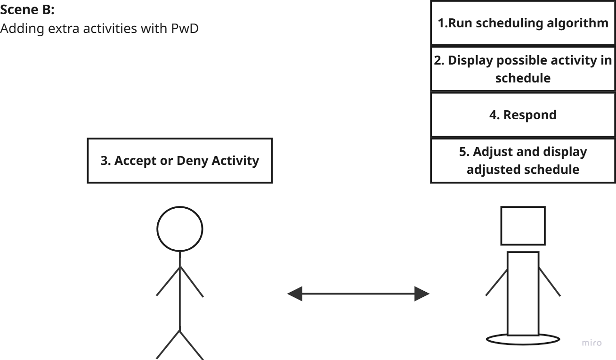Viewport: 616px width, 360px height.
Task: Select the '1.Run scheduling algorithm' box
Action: point(523,24)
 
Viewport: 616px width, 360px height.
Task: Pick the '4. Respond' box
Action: point(523,115)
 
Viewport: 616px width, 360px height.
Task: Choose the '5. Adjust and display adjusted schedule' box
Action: point(523,161)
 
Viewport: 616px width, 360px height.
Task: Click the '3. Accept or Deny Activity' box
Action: point(180,161)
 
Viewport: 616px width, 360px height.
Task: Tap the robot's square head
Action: point(523,226)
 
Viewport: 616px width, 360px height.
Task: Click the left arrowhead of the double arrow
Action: point(295,295)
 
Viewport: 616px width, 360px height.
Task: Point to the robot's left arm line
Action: point(496,282)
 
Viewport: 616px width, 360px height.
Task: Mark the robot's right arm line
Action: point(550,282)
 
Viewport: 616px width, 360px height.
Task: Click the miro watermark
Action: point(592,343)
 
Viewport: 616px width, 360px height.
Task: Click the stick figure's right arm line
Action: point(192,282)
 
